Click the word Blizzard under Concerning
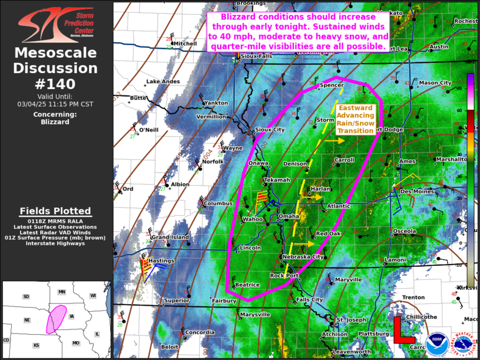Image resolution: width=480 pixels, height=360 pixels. [56, 122]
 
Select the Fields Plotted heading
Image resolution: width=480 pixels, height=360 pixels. [55, 211]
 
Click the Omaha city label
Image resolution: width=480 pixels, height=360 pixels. [289, 217]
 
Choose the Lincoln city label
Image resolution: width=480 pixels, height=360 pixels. [250, 248]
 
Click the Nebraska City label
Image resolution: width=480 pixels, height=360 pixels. [302, 257]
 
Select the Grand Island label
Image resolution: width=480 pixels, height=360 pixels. [170, 237]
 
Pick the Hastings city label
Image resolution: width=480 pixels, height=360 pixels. [161, 260]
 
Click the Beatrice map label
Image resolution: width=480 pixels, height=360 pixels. [247, 285]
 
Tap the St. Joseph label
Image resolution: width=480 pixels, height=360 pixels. [351, 320]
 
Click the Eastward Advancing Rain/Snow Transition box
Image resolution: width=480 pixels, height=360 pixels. [355, 120]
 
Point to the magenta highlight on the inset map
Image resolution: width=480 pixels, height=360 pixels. [57, 319]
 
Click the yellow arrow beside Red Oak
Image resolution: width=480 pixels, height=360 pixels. [304, 244]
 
